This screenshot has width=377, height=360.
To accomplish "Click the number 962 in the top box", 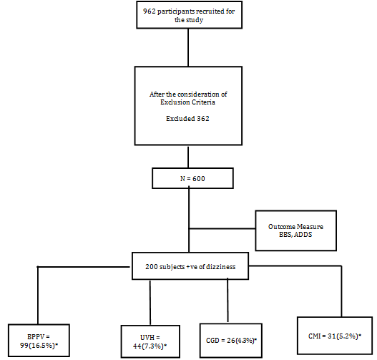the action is pyautogui.click(x=149, y=11).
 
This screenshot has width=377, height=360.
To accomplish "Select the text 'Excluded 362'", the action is pyautogui.click(x=187, y=119).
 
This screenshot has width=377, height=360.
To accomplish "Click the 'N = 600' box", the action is pyautogui.click(x=192, y=178).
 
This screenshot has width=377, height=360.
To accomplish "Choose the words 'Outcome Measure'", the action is pyautogui.click(x=295, y=227).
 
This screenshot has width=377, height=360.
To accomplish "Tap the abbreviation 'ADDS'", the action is pyautogui.click(x=303, y=235).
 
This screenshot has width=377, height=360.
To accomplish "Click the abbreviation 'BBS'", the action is pyautogui.click(x=285, y=235).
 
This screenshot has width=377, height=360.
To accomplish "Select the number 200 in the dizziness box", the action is pyautogui.click(x=151, y=267).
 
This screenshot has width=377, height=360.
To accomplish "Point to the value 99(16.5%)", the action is pyautogui.click(x=38, y=346).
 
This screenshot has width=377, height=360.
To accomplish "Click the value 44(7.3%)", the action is pyautogui.click(x=148, y=346).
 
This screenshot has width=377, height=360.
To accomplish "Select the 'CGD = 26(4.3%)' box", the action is pyautogui.click(x=231, y=341).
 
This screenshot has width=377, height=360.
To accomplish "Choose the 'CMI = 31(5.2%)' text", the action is pyautogui.click(x=335, y=336).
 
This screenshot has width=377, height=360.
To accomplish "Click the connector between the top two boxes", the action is pyautogui.click(x=188, y=47).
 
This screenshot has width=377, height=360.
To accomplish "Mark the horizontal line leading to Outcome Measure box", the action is pyautogui.click(x=222, y=228).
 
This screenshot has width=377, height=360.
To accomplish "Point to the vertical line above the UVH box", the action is pyautogui.click(x=150, y=303).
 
